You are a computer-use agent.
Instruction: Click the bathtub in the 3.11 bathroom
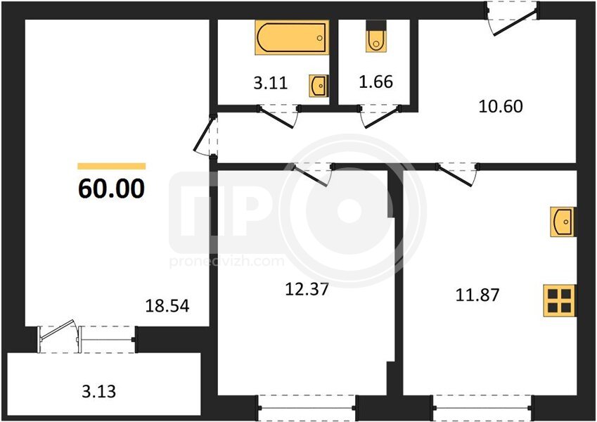292,37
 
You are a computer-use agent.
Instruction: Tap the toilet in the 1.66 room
376,36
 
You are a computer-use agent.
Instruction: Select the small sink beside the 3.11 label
319,86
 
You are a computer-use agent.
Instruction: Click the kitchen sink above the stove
563,222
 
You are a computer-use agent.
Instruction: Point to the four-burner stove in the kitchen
559,300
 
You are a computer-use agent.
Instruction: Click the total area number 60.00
112,188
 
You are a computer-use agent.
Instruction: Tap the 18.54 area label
167,306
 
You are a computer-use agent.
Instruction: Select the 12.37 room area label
307,290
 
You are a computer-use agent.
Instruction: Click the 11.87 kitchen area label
477,295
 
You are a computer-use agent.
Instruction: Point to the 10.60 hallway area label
500,106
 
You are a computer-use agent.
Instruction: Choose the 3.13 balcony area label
99,392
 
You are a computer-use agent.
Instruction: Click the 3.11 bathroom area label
271,83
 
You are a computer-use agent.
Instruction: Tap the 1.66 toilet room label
375,82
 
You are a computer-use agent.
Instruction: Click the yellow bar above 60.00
112,166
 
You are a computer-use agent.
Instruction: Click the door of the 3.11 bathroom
278,116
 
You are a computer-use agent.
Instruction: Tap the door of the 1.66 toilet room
380,116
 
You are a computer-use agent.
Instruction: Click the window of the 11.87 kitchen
482,408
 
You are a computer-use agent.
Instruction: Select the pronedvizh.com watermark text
227,261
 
